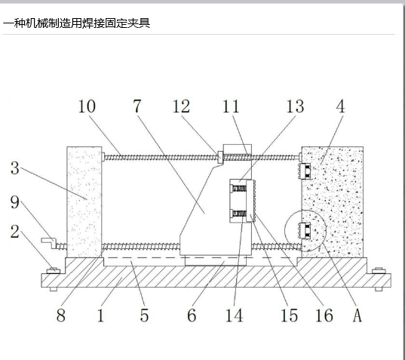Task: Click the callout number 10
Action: pos(87,106)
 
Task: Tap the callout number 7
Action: pos(137,106)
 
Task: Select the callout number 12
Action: pos(181,106)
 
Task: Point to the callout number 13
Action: pos(295,106)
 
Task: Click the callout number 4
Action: pos(341,106)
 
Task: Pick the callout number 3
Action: pos(15,168)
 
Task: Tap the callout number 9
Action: pos(15,202)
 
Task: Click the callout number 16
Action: pos(324,315)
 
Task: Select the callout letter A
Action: pos(357,315)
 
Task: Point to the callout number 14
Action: pos(235,315)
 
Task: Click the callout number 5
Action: pos(144,315)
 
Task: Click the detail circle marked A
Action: pos(285,230)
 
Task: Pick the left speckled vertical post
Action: pos(84,202)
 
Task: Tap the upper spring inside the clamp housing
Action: pos(239,189)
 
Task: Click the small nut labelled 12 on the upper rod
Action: pos(220,158)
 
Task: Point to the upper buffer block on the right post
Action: pos(305,171)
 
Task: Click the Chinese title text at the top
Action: pos(76,23)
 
